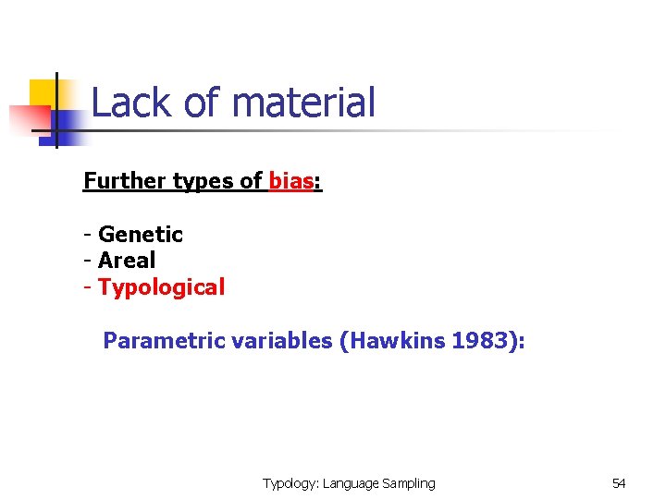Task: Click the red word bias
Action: coord(290,181)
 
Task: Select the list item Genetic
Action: coord(141,235)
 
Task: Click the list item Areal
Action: coord(127,261)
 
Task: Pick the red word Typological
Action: coord(161,287)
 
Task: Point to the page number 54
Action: coord(619,483)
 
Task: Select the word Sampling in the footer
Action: coord(406,483)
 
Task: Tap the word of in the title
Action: coord(202,103)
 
